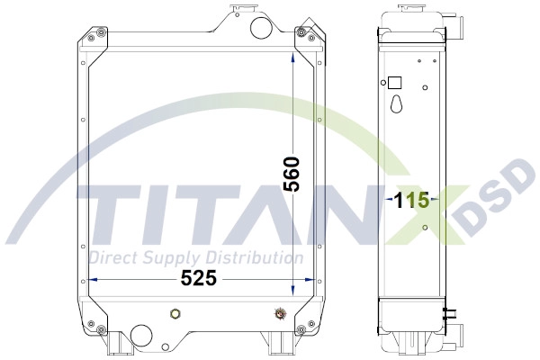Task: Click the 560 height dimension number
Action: [292, 174]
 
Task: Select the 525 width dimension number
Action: [199, 278]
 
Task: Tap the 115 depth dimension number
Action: [411, 200]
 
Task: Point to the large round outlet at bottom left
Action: [140, 335]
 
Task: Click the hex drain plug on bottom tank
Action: [176, 313]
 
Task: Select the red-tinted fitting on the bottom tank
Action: [280, 313]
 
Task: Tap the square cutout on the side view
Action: [395, 83]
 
